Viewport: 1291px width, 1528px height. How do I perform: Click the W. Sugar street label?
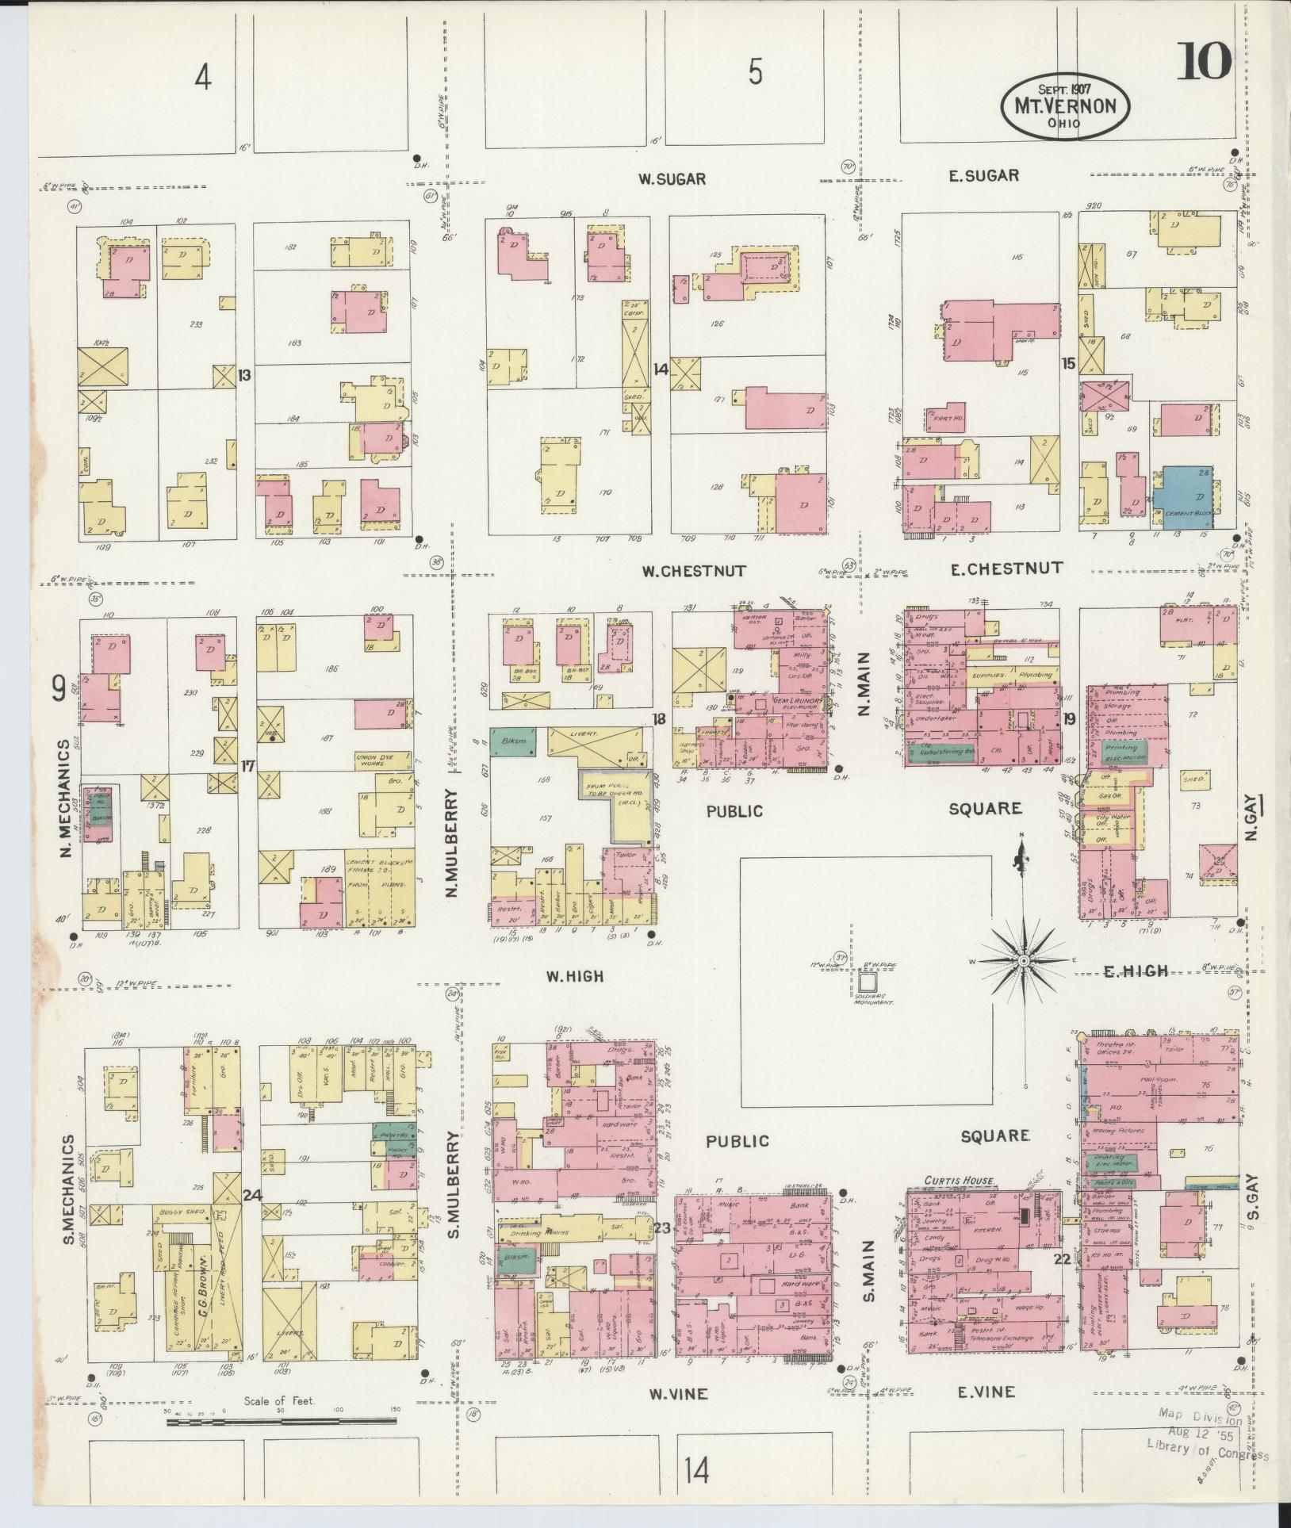click(x=672, y=179)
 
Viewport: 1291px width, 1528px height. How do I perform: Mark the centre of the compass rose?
click(x=1023, y=960)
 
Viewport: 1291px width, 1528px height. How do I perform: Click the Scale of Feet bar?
click(x=282, y=1442)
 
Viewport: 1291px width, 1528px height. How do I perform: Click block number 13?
click(x=244, y=375)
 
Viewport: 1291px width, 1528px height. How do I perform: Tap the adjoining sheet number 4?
click(x=204, y=78)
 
